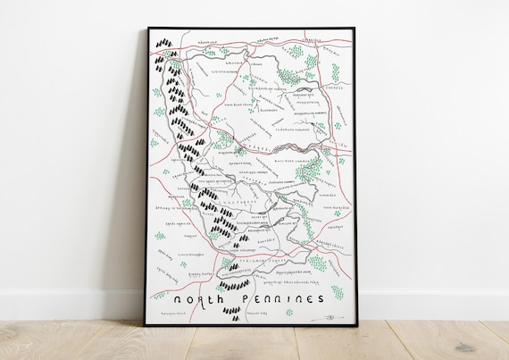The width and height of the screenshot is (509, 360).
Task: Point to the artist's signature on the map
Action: (x=329, y=315)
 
